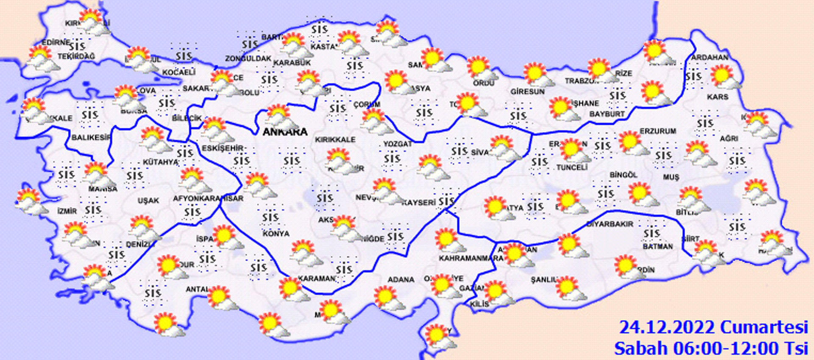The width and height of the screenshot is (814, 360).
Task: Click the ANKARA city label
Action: (x=285, y=131)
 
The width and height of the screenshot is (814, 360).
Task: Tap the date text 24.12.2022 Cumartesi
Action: (x=714, y=327)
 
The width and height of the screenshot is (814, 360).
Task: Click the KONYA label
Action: (x=276, y=234)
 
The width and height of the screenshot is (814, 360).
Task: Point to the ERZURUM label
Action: (x=658, y=131)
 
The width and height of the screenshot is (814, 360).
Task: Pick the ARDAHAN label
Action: (x=709, y=57)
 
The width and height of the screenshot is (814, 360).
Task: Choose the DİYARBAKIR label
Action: (x=610, y=223)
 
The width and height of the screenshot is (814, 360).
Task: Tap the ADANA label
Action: (x=401, y=279)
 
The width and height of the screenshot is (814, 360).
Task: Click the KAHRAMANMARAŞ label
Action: (x=471, y=258)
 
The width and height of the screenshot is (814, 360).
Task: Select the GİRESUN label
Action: (x=527, y=91)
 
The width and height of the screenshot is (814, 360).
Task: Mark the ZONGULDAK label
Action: (x=248, y=59)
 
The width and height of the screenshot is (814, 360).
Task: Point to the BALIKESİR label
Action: (x=91, y=137)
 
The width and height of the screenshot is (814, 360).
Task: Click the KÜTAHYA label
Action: (x=160, y=162)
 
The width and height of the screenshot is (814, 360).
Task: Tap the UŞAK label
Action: (x=148, y=200)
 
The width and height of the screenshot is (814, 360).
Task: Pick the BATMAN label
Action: (x=657, y=246)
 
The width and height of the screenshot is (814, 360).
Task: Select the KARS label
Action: (x=717, y=97)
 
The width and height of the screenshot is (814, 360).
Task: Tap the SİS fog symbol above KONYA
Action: (x=270, y=218)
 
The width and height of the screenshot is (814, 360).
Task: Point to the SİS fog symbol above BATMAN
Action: (x=652, y=233)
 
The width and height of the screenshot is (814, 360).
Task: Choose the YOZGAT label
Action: (x=397, y=144)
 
